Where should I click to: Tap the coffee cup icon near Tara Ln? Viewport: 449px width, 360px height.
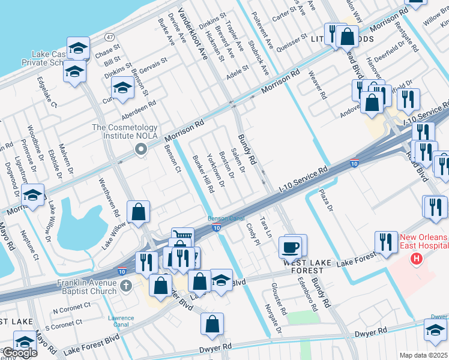pyautogui.click(x=291, y=247)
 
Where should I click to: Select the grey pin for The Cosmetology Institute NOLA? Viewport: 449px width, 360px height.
pyautogui.click(x=141, y=149)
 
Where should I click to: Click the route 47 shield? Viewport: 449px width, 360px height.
pyautogui.click(x=109, y=37)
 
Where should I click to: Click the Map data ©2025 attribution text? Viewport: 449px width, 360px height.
pyautogui.click(x=423, y=355)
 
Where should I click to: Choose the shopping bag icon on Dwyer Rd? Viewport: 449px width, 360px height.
pyautogui.click(x=212, y=324)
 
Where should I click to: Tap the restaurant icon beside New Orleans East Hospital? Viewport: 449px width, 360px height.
pyautogui.click(x=383, y=242)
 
